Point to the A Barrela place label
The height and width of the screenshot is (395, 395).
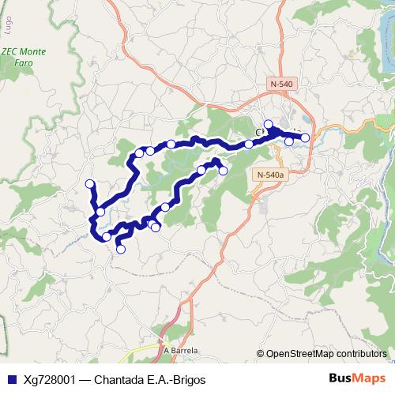point(181,349)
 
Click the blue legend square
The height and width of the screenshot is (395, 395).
point(10,379)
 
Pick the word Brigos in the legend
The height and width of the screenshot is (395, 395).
point(186,379)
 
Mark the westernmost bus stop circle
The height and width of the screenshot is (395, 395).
point(89,184)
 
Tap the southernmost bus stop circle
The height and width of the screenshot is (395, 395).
point(121,250)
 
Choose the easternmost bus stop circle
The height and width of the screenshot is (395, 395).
point(306,138)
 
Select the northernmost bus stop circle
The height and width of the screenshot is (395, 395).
point(269,124)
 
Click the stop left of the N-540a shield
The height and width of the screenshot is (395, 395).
point(223,171)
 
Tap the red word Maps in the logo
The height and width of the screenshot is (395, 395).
point(370,378)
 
